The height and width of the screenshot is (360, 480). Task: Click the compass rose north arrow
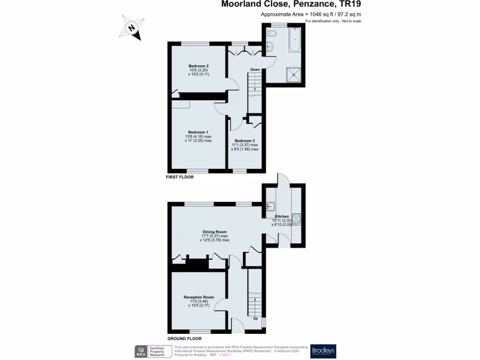click(132, 28)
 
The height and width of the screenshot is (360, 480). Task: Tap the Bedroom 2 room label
click(198, 66)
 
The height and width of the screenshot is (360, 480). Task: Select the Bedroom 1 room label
click(198, 132)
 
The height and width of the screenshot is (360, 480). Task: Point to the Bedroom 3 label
click(245, 141)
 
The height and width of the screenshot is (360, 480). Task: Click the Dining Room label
click(215, 232)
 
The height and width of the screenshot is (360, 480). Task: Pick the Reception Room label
click(199, 297)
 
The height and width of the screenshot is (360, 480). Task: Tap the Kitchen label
click(282, 217)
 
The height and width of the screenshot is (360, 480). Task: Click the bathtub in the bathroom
click(295, 40)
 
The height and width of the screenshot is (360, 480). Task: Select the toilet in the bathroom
click(271, 33)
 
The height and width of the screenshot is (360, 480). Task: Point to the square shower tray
click(295, 74)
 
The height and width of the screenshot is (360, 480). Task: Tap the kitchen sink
click(270, 206)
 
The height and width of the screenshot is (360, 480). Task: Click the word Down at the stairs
click(255, 70)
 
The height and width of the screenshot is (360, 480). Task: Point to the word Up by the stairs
click(255, 319)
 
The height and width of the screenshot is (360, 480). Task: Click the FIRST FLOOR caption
click(180, 178)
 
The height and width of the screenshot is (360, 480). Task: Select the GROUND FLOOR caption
click(185, 338)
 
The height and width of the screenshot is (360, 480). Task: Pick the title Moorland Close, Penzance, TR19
click(291, 5)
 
